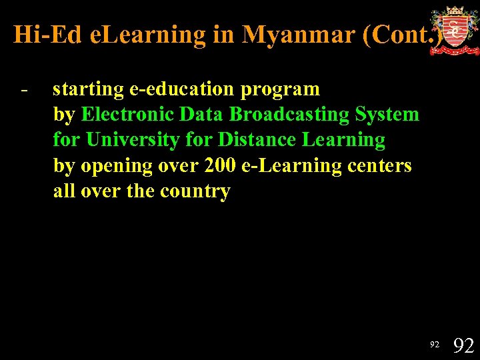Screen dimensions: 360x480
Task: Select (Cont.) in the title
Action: tap(402, 35)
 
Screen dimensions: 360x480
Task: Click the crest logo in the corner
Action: tap(454, 30)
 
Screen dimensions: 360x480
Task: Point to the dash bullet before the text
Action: tap(24, 89)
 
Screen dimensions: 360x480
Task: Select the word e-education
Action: tap(178, 89)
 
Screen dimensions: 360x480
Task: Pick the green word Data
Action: tap(203, 114)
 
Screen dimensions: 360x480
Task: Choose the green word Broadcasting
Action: tap(290, 114)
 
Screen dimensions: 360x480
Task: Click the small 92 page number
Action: tap(435, 345)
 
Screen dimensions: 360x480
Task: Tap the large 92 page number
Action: tap(463, 345)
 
